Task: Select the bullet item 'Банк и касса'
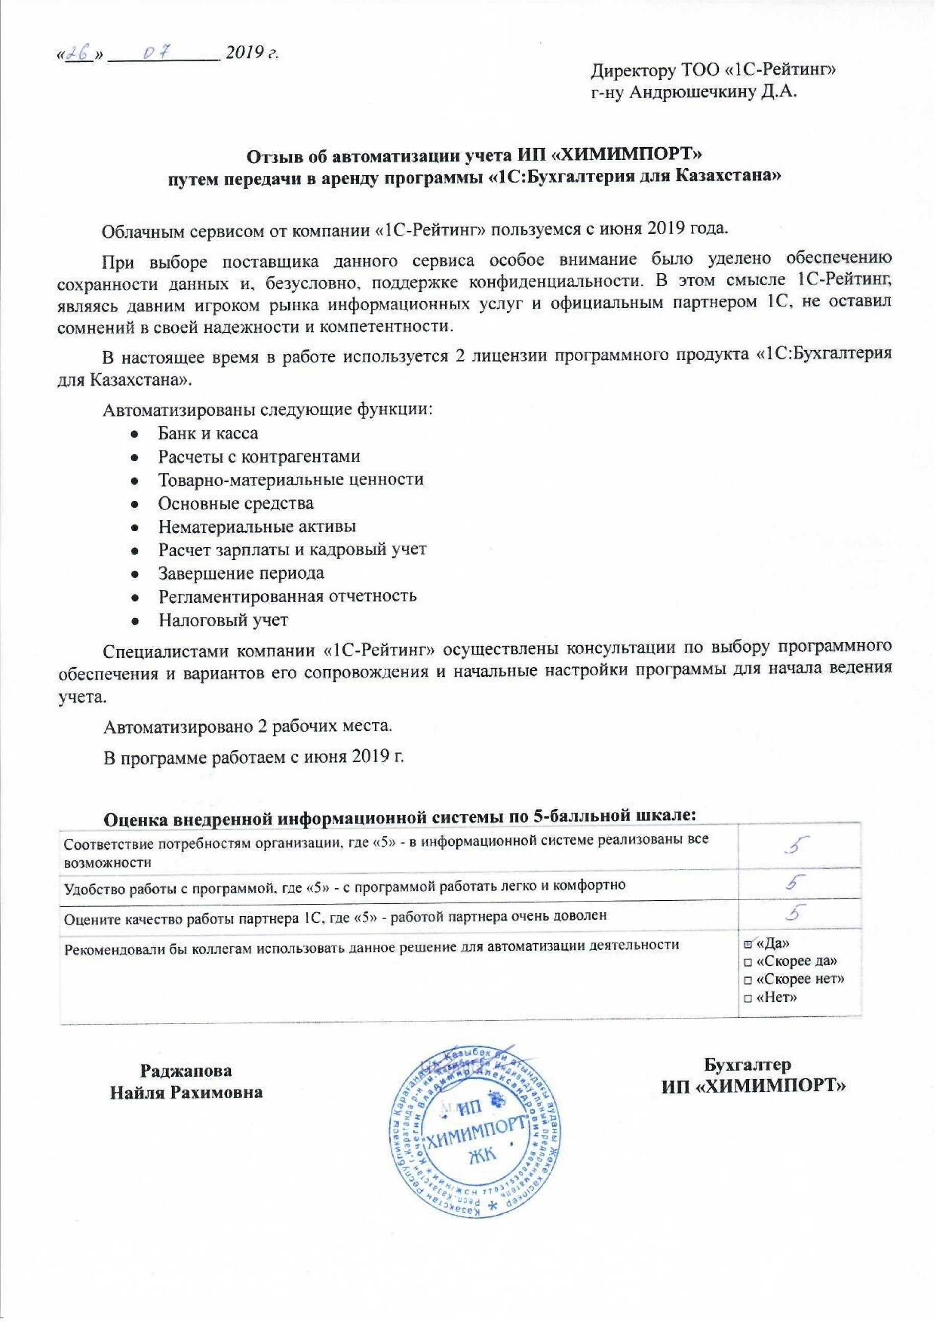click(x=208, y=433)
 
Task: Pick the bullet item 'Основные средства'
click(x=236, y=503)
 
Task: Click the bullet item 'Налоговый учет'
click(x=223, y=620)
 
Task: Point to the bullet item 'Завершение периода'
click(x=241, y=573)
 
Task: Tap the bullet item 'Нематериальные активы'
click(x=257, y=527)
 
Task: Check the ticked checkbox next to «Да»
click(x=748, y=944)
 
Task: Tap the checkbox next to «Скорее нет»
click(x=748, y=980)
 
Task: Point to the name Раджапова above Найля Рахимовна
click(x=186, y=1072)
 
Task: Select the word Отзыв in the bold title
click(x=272, y=155)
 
